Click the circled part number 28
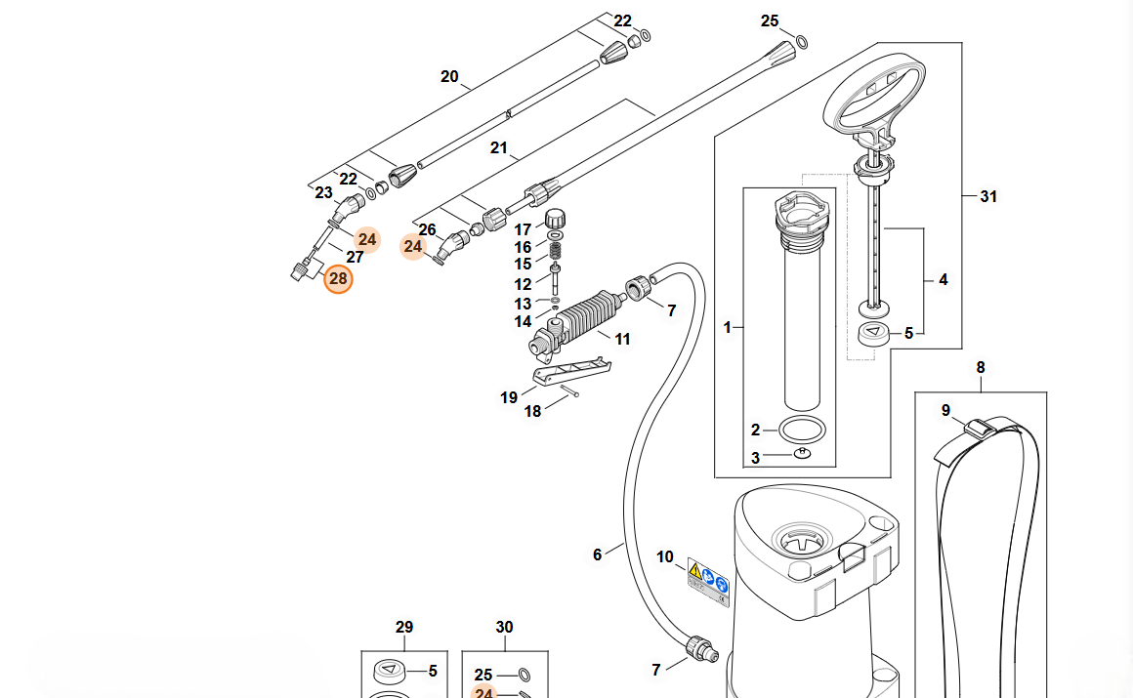pos(338,279)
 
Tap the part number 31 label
pos(987,196)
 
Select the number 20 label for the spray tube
pos(449,76)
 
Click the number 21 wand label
pos(498,148)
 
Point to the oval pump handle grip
pos(874,94)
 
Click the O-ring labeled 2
pos(802,430)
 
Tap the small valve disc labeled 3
pos(802,454)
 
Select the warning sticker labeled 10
pos(708,583)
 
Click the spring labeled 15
pos(556,251)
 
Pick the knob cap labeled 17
pos(555,218)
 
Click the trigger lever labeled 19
pos(571,371)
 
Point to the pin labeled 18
pos(570,390)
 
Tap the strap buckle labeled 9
pos(980,427)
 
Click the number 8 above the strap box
pos(981,368)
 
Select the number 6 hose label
pos(597,554)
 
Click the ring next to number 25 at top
pos(801,42)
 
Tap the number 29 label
pos(404,627)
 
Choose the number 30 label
pos(504,627)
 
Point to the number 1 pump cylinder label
pos(728,328)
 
